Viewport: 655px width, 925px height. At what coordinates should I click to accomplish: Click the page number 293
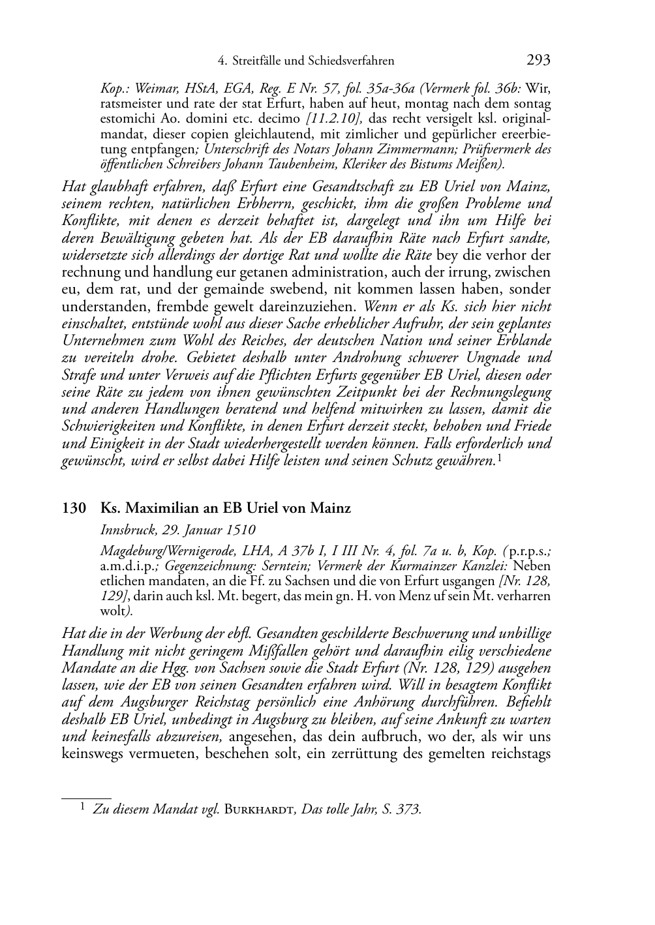tap(538, 61)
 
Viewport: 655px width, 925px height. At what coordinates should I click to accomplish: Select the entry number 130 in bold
tap(74, 508)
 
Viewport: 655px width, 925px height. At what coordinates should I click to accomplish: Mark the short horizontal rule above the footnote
tap(86, 796)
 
